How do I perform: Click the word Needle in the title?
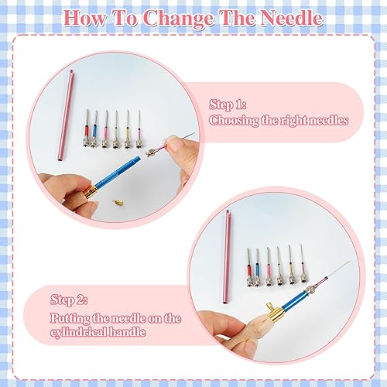click(x=291, y=19)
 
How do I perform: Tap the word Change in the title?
click(x=179, y=19)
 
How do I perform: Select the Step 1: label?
click(x=228, y=104)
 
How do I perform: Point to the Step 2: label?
click(x=69, y=300)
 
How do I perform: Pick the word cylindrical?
click(x=78, y=332)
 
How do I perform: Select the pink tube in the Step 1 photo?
click(x=66, y=115)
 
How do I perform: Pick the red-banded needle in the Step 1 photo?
click(x=87, y=128)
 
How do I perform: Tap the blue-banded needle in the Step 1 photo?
click(x=94, y=129)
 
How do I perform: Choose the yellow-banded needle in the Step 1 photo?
click(x=127, y=129)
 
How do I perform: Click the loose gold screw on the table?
click(x=118, y=202)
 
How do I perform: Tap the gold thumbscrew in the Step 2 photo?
click(x=271, y=307)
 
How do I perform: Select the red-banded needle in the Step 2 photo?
click(x=250, y=268)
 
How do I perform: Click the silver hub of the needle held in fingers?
click(x=150, y=152)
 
